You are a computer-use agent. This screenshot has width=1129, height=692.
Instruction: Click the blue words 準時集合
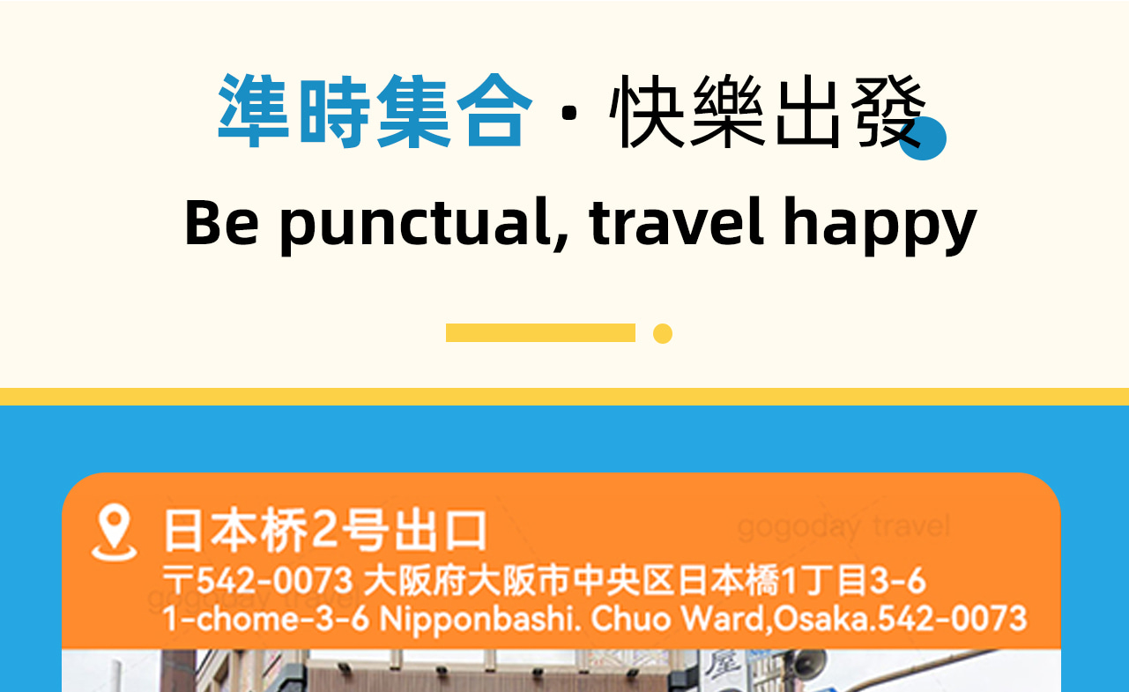(x=375, y=111)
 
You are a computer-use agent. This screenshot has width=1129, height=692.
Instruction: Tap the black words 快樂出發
(x=767, y=111)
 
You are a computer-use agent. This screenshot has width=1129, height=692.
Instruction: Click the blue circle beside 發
(x=924, y=139)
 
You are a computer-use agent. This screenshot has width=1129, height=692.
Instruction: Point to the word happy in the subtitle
(x=880, y=223)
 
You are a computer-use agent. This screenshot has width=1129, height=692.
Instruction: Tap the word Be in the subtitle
(x=221, y=221)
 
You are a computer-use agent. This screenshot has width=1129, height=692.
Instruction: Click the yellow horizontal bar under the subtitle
(x=540, y=332)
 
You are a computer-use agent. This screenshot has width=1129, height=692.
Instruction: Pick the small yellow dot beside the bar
(x=663, y=333)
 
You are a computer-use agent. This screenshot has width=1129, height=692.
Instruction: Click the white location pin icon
(x=114, y=532)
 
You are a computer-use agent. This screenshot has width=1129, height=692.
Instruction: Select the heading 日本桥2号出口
(x=324, y=530)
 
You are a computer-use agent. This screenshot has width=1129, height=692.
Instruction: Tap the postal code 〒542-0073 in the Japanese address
(x=257, y=582)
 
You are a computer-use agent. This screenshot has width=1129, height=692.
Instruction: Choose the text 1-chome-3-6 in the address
(x=266, y=618)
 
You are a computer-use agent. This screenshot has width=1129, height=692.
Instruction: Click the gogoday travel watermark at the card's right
(x=843, y=527)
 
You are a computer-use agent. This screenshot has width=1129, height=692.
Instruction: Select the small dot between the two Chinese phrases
(x=570, y=113)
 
